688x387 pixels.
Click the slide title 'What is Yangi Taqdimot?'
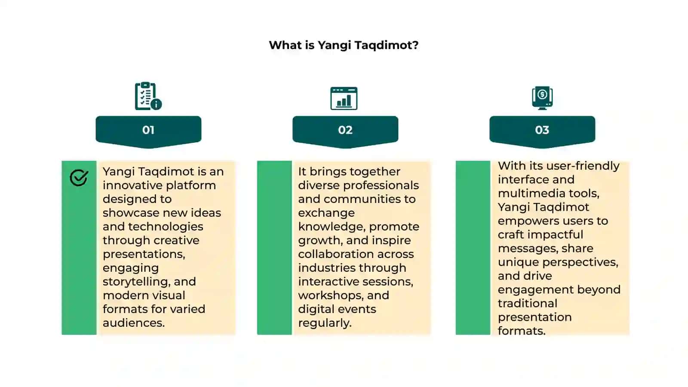pos(344,46)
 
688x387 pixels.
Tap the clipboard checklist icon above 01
pos(148,96)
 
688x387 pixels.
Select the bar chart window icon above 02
pos(344,98)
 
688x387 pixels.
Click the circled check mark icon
pos(79,178)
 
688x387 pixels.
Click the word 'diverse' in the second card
pos(319,185)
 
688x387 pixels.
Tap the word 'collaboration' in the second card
pos(336,254)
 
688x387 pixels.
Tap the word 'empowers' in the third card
pos(528,221)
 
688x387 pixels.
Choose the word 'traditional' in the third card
pos(527,304)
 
